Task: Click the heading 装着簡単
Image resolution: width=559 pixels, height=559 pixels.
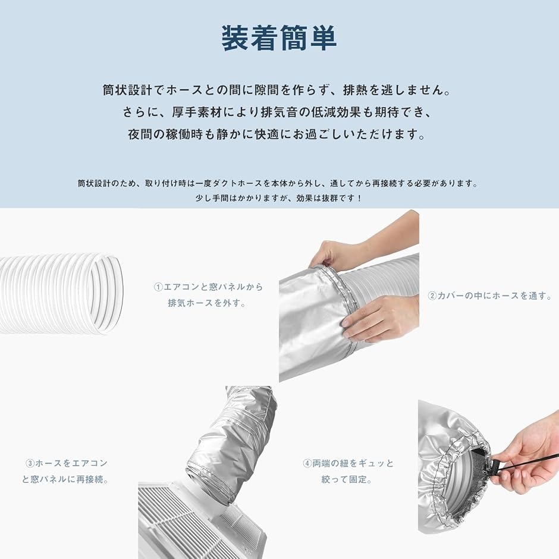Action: pyautogui.click(x=279, y=38)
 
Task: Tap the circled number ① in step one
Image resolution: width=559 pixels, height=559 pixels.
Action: pyautogui.click(x=158, y=287)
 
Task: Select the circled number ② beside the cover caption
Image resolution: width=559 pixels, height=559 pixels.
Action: pyautogui.click(x=432, y=296)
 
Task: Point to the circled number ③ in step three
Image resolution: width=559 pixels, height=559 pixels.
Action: pyautogui.click(x=30, y=463)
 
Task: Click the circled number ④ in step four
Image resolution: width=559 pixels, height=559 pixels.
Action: pyautogui.click(x=307, y=463)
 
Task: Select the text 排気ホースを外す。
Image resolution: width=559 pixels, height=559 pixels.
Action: pyautogui.click(x=207, y=303)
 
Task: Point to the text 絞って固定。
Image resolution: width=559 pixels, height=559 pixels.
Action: pyautogui.click(x=347, y=479)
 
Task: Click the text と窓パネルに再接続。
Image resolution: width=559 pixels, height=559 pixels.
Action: pyautogui.click(x=65, y=479)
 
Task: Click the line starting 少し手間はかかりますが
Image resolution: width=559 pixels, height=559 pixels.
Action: pyautogui.click(x=279, y=198)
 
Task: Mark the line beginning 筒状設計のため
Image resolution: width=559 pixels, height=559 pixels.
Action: pyautogui.click(x=279, y=183)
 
